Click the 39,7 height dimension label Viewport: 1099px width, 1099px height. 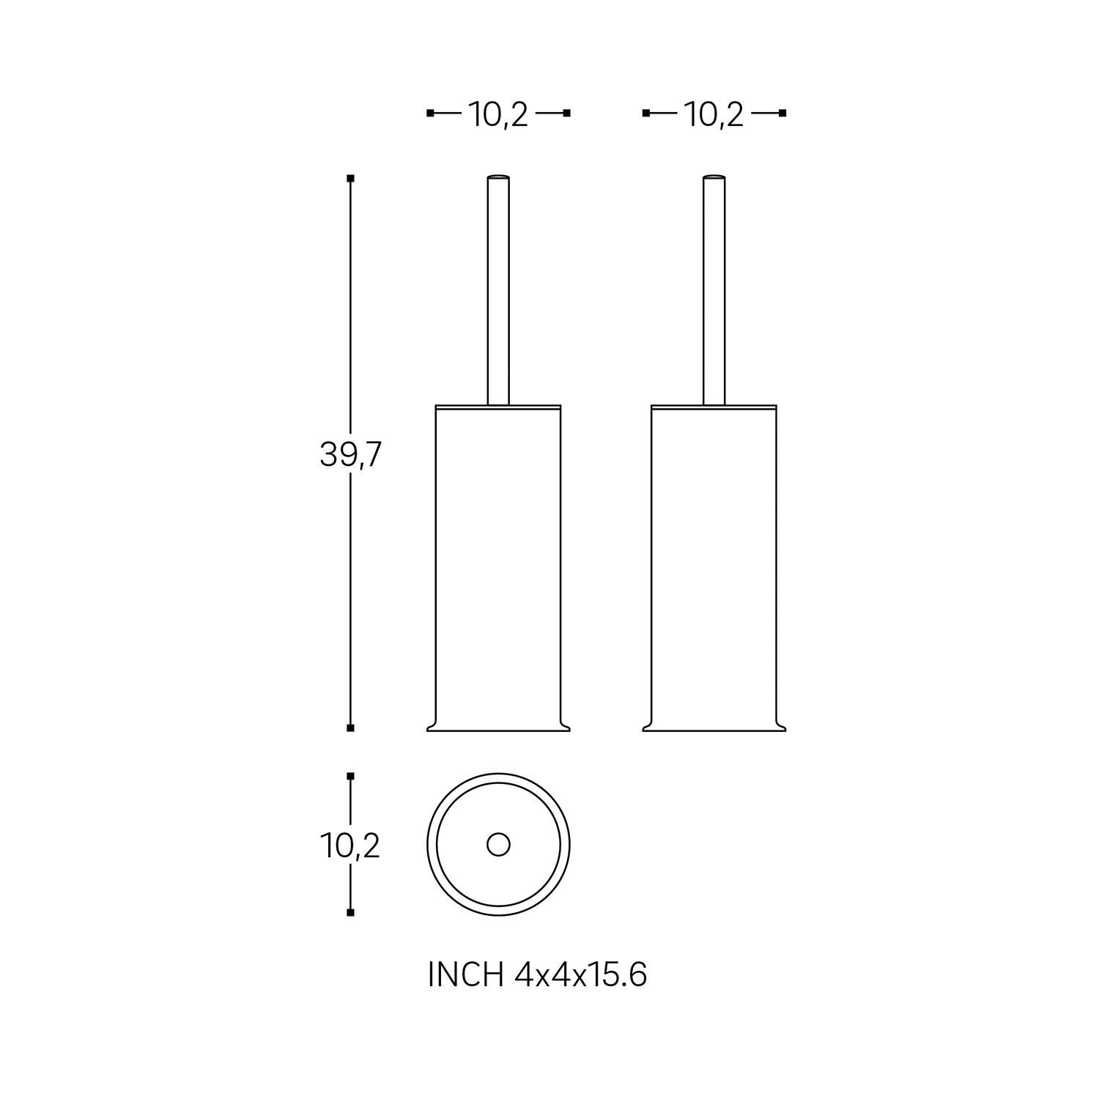click(350, 456)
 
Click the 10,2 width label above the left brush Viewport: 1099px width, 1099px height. click(498, 114)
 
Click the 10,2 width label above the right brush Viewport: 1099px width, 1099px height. click(714, 114)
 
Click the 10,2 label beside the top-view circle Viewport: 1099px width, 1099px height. click(350, 846)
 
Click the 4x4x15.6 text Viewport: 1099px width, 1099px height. click(581, 974)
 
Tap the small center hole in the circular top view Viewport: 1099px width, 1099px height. click(498, 844)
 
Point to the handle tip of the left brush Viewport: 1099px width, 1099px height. click(498, 177)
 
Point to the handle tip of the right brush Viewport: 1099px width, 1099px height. click(714, 177)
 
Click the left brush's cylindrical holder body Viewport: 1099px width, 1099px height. click(498, 564)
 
